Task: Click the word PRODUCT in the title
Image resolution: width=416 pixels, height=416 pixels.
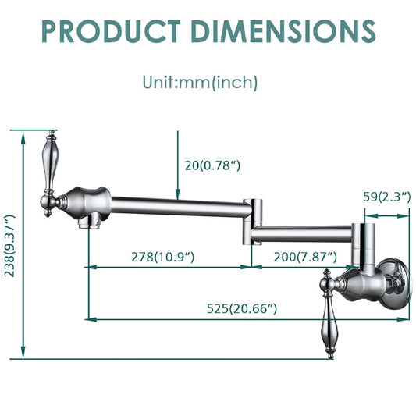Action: (111, 31)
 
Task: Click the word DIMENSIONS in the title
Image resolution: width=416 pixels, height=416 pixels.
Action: (283, 31)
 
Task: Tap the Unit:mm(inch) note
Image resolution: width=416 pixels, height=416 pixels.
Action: (200, 83)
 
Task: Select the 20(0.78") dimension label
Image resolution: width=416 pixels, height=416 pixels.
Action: (212, 165)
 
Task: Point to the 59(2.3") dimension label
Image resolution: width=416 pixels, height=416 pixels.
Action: (386, 197)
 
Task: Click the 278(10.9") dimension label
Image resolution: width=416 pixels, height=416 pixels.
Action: (162, 257)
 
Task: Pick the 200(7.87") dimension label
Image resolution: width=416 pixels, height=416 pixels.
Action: (305, 257)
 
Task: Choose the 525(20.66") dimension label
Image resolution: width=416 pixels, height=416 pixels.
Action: (242, 308)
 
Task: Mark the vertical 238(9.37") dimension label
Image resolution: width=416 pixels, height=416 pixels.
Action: (10, 246)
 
